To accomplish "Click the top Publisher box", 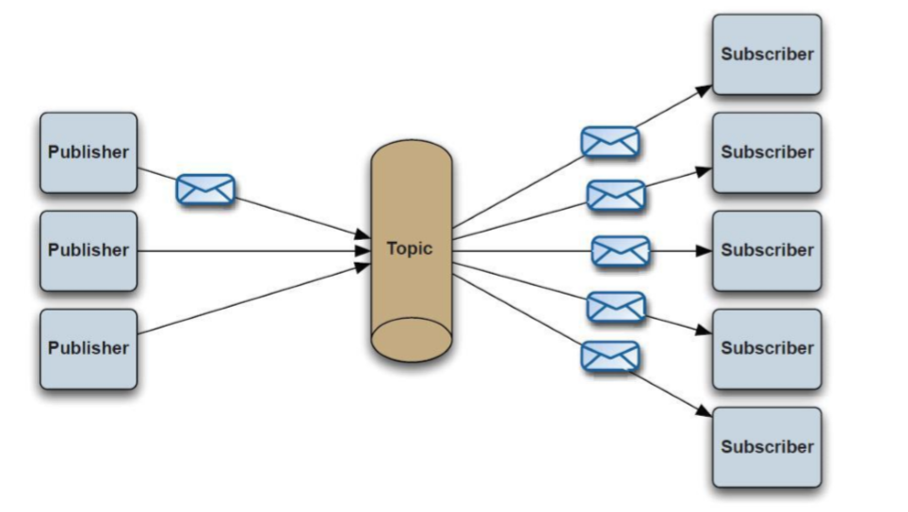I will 89,152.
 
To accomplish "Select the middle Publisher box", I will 89,250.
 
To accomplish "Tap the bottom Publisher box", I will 89,348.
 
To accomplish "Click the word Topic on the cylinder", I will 410,248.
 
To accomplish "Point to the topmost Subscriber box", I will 767,55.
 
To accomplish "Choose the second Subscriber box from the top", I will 767,152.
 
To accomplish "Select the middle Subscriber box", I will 767,250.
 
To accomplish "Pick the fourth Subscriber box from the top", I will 767,348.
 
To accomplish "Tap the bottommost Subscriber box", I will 767,446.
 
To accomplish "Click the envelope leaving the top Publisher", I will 205,189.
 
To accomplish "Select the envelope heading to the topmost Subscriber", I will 609,142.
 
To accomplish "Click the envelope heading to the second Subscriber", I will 616,196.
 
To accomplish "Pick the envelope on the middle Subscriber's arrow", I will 621,251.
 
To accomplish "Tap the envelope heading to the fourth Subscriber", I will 616,307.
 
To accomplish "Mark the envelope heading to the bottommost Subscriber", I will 609,357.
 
